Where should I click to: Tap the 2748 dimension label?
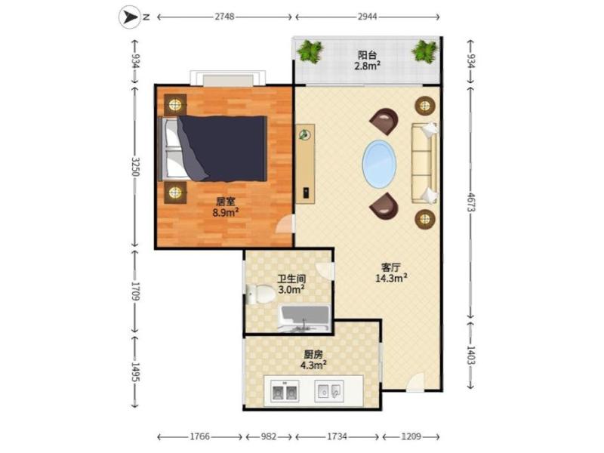(224, 17)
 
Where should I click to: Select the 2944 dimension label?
(367, 17)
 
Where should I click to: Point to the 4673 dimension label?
(470, 202)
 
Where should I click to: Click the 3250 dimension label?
(135, 166)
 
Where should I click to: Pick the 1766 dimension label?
(200, 436)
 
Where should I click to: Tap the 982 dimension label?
(269, 436)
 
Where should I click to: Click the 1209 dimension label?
(411, 436)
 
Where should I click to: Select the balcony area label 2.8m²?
(368, 66)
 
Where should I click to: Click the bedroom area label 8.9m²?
(225, 212)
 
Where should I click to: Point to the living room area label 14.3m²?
(391, 278)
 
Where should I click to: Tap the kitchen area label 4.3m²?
(313, 365)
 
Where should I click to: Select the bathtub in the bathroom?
(305, 319)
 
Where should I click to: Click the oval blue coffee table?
(379, 164)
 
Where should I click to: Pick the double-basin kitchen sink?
(285, 391)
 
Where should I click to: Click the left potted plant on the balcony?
(310, 51)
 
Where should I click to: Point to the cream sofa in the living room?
(424, 162)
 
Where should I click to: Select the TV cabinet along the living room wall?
(305, 164)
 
